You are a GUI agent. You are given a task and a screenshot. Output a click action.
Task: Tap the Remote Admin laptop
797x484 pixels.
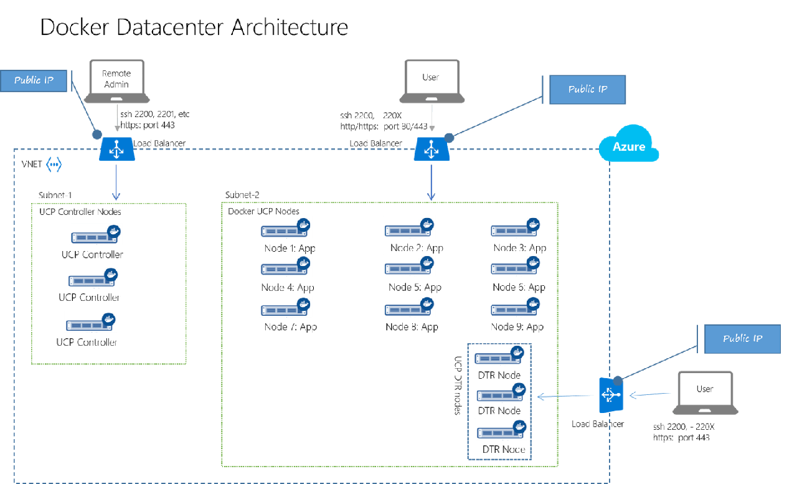click(x=117, y=81)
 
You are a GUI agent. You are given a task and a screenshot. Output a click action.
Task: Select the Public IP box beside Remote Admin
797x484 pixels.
click(x=34, y=80)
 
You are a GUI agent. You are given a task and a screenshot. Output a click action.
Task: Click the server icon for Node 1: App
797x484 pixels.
click(x=286, y=228)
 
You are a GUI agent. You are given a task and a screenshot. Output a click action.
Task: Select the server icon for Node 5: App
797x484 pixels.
click(x=409, y=266)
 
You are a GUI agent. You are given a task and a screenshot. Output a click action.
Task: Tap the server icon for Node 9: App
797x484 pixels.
click(x=516, y=306)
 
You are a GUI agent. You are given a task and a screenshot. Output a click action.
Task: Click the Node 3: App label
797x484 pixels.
click(x=519, y=248)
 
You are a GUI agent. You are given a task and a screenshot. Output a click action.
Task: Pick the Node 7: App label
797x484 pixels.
click(x=290, y=327)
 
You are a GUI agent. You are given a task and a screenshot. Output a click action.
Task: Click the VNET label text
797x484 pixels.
click(x=32, y=165)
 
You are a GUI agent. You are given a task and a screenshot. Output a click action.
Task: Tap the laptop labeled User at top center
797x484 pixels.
click(x=431, y=81)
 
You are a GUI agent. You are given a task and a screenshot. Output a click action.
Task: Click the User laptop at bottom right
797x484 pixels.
click(x=705, y=392)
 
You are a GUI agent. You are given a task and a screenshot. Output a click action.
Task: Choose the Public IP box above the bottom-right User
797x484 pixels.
click(x=742, y=339)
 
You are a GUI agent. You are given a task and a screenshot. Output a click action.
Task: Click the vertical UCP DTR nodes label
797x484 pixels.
click(x=458, y=386)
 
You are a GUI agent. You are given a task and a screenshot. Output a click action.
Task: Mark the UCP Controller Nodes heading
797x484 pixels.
click(x=80, y=212)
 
